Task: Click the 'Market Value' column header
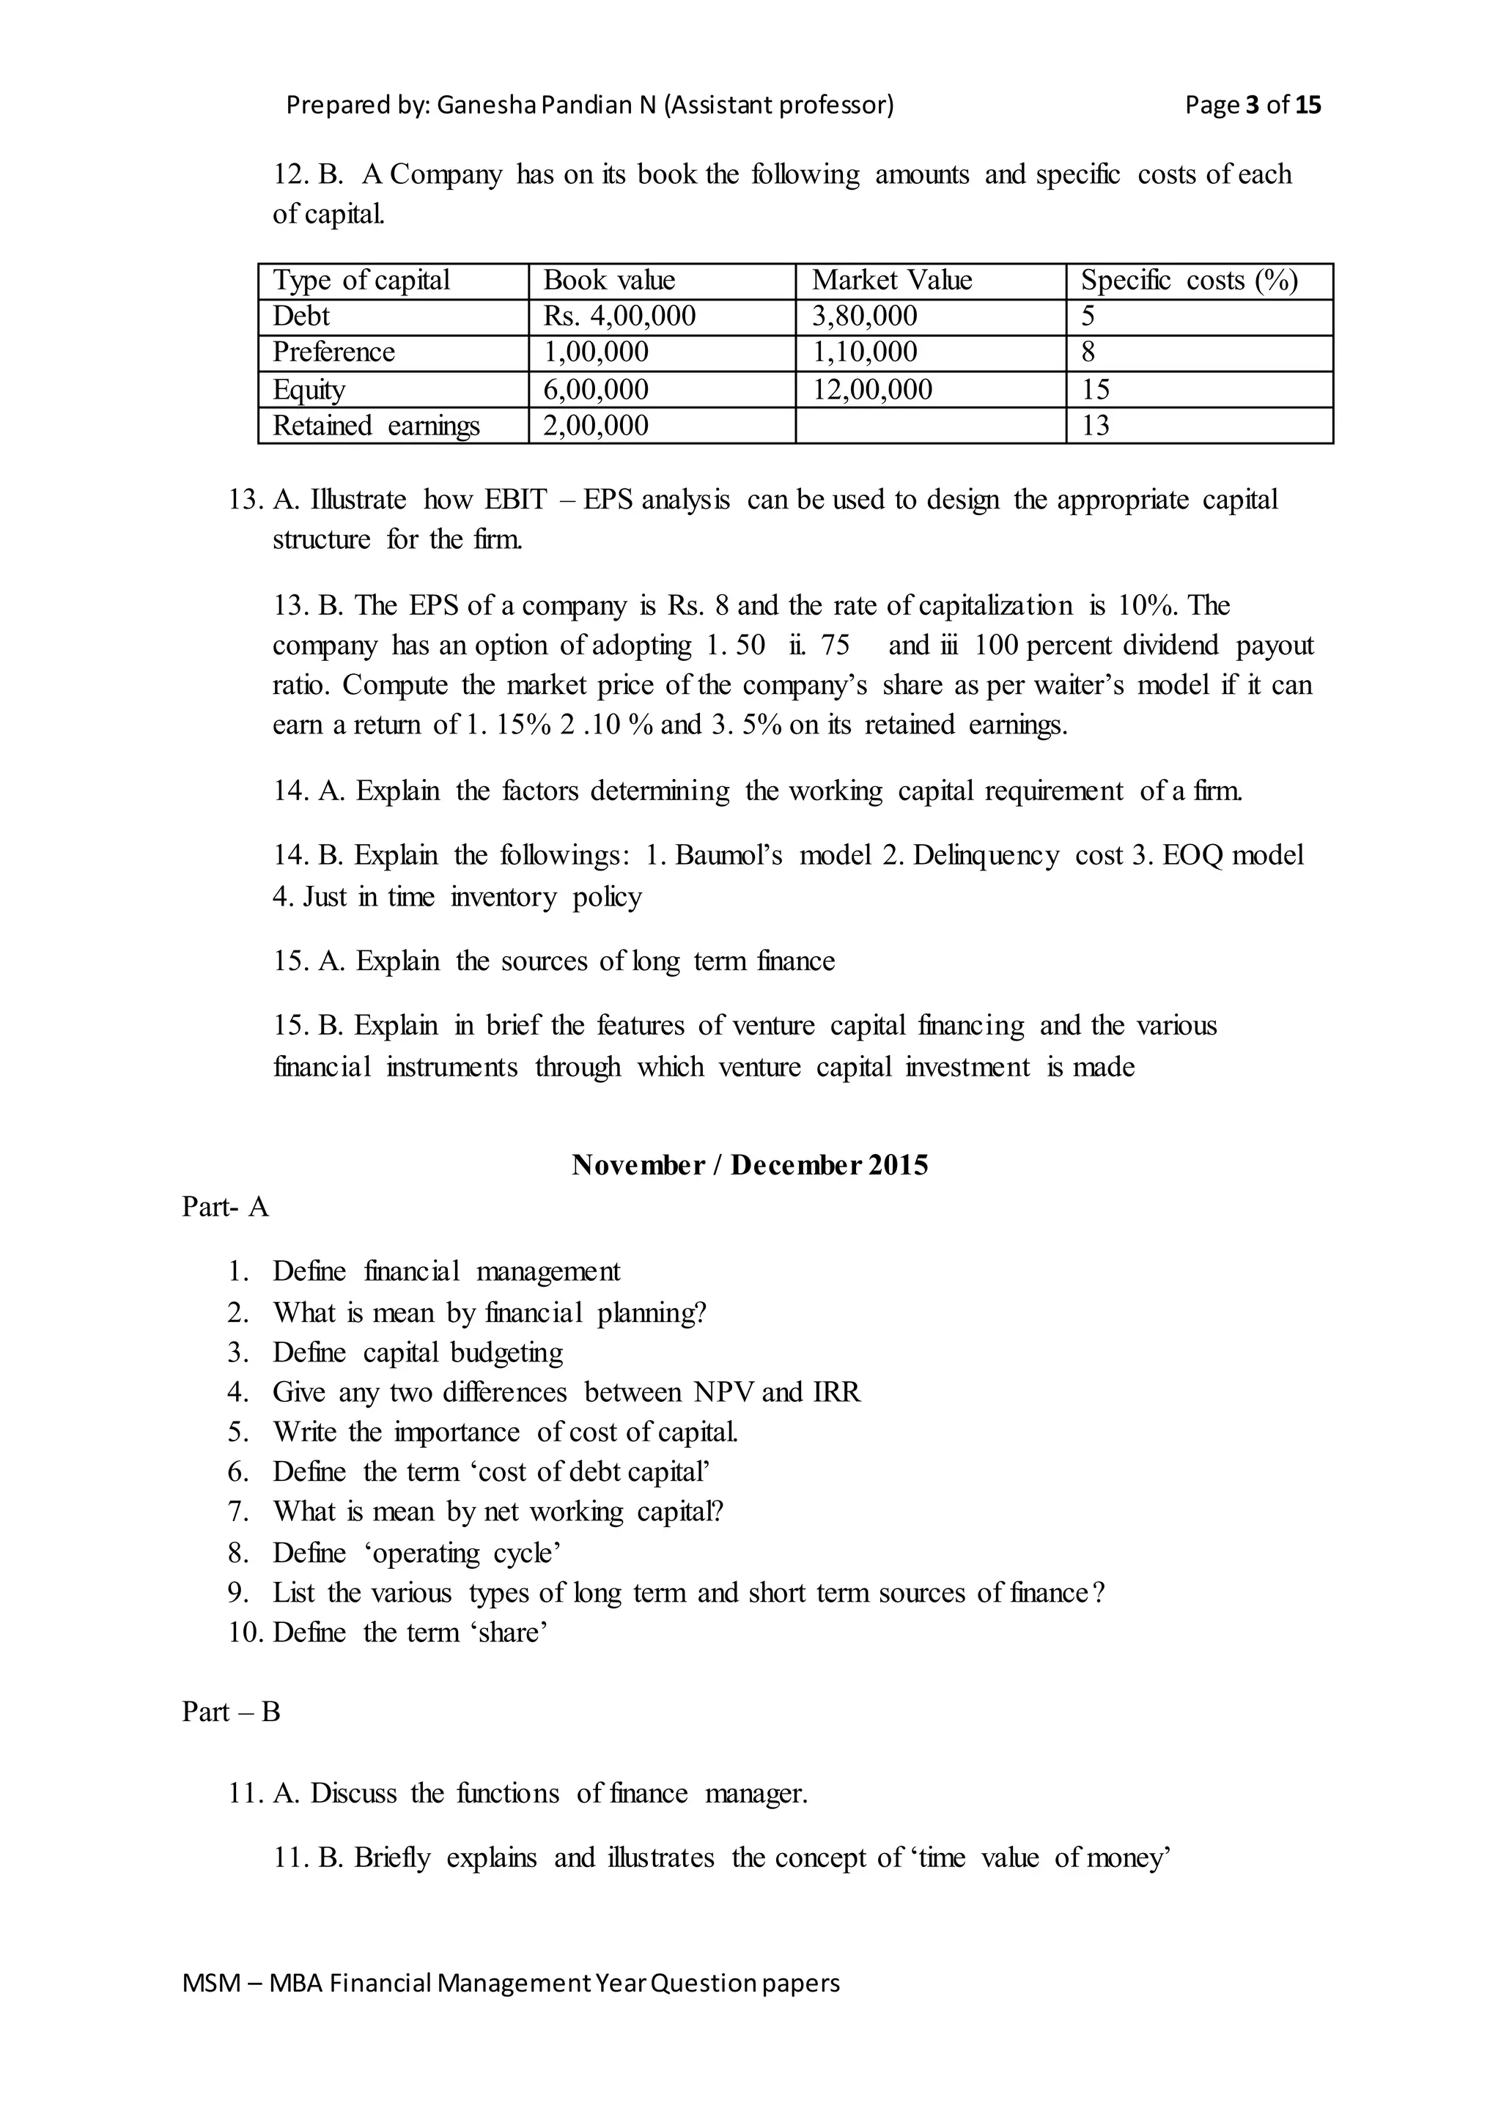[x=891, y=280]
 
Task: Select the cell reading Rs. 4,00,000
[x=619, y=316]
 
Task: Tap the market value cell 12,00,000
[x=871, y=389]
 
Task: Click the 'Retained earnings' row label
[x=375, y=425]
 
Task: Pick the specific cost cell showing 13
[x=1095, y=425]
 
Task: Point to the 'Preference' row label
[x=333, y=352]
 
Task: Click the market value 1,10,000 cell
[x=864, y=352]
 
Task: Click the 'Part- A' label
[x=226, y=1207]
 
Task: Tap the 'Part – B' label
[x=231, y=1712]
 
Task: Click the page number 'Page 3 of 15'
[x=1253, y=105]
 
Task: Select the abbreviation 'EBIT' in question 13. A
[x=516, y=500]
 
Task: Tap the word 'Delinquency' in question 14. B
[x=985, y=855]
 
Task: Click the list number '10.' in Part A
[x=245, y=1632]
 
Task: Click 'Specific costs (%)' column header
[x=1189, y=280]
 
